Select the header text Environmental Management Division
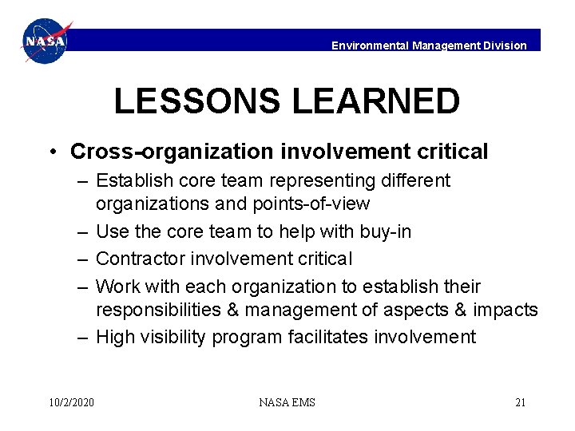[x=429, y=45]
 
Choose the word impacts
[x=506, y=309]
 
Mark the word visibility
[x=174, y=337]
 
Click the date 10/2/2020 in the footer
[x=71, y=402]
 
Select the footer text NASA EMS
[x=287, y=402]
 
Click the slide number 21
[x=520, y=402]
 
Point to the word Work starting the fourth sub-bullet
[x=117, y=286]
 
